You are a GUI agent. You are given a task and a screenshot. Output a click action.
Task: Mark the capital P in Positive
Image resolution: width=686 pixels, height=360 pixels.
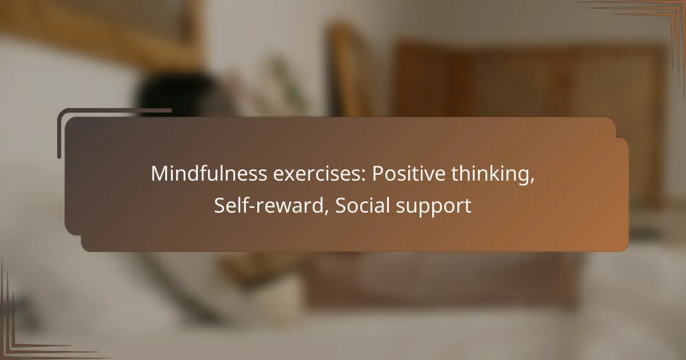coord(378,174)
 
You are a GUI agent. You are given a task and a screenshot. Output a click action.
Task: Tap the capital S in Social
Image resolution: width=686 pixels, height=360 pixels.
coord(341,206)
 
